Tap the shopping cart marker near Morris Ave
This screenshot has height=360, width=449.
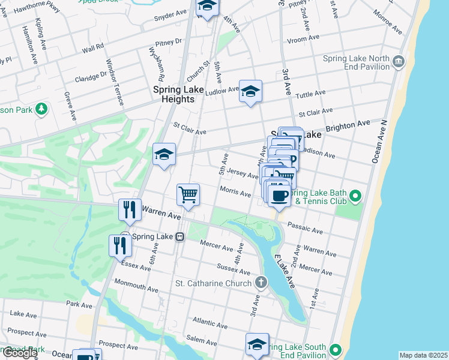188,195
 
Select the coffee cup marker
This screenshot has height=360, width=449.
279,196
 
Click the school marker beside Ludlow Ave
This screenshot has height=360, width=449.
250,92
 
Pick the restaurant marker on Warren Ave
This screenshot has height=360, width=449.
130,210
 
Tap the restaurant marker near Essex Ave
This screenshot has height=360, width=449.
120,246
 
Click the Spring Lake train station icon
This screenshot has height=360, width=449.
179,236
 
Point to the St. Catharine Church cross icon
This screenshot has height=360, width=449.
261,282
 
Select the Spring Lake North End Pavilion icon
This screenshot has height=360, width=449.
399,61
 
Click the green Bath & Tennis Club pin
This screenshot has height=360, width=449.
355,196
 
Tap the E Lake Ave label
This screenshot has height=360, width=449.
284,270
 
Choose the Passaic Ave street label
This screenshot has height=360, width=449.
305,228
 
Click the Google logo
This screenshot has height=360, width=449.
19,353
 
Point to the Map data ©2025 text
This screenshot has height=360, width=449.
423,355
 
